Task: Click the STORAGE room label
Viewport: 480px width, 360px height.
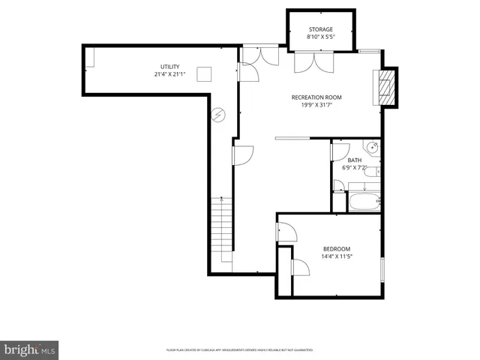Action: click(320, 29)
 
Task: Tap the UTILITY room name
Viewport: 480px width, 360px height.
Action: click(169, 66)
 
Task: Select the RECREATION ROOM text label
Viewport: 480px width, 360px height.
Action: click(316, 97)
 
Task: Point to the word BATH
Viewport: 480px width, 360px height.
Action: click(354, 160)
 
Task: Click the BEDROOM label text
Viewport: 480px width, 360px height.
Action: click(337, 249)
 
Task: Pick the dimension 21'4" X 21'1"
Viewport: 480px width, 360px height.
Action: click(169, 73)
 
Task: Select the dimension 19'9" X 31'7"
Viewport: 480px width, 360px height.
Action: click(316, 106)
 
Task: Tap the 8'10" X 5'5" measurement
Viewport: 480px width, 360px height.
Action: click(320, 37)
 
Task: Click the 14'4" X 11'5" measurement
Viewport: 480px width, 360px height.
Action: click(337, 257)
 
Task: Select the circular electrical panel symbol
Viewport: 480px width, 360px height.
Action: click(218, 115)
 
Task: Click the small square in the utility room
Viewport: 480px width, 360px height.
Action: click(204, 73)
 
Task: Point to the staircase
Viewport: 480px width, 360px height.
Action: click(221, 225)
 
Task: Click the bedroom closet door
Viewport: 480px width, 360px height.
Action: click(299, 269)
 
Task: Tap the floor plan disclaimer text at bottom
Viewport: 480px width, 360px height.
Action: click(239, 350)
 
